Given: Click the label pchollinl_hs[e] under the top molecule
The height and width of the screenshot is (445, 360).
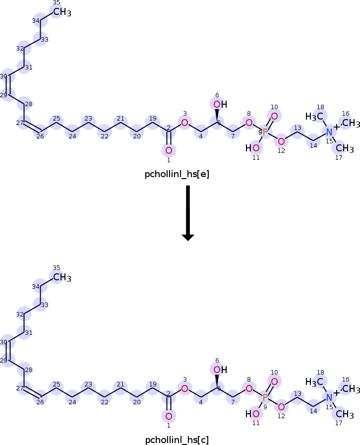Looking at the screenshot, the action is pos(177,174).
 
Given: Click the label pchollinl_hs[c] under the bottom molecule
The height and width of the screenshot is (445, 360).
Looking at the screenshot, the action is pos(177,440).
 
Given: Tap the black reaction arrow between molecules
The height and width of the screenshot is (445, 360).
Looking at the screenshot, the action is pos(188,213).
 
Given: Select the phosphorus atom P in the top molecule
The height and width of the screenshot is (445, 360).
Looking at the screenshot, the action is pos(265,132).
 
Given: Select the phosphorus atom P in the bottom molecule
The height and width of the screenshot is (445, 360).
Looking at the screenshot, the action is pos(265,397).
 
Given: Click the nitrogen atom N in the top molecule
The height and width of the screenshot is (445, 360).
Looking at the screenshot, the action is pos(329,132).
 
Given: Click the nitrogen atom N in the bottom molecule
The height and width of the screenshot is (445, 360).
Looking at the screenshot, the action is pos(329,397).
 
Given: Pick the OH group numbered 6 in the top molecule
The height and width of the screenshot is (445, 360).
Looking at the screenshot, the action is pos(220,105).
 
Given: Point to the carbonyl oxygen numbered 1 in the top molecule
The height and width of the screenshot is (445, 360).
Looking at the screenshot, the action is pos(169,150).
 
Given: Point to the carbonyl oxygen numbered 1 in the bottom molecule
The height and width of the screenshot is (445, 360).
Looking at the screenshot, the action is pos(169,416).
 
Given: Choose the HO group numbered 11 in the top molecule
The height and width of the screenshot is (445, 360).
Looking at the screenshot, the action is pos(252,148).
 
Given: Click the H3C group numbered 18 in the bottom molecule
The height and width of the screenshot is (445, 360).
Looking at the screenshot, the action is pos(314,382).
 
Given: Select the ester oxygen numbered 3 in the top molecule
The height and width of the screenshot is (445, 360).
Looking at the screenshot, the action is pos(184,123).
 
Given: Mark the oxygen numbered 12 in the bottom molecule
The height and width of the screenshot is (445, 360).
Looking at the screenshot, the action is pos(281,407).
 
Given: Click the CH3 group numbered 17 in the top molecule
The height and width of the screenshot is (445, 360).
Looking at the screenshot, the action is pos(345,148).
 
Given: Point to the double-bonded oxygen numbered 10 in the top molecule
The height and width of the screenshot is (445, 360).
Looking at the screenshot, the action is pos(274,116).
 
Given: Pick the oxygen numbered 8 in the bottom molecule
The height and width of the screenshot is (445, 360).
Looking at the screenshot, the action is pos(249,388).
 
